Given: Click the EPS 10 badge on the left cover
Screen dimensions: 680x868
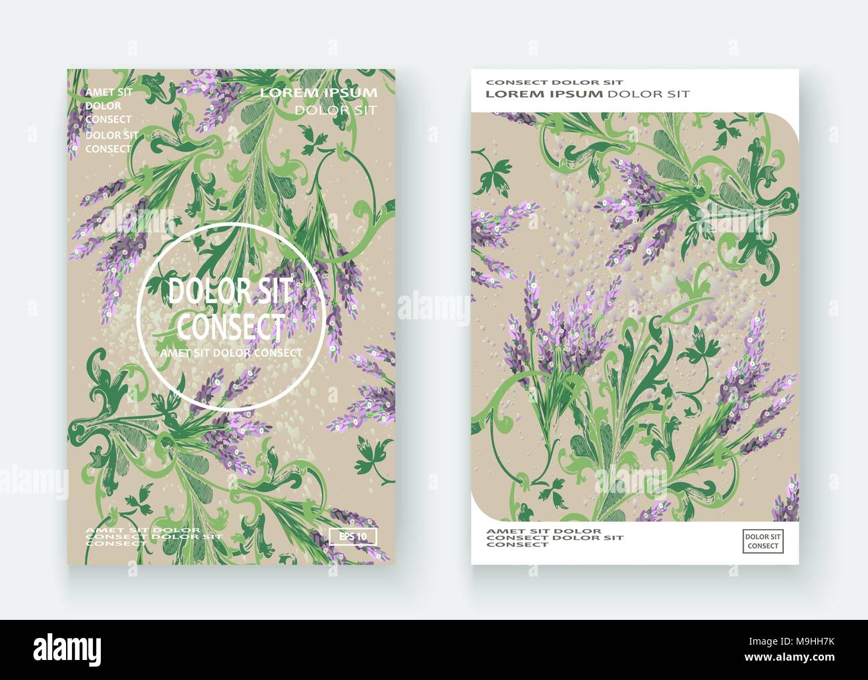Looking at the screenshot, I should coord(353,536).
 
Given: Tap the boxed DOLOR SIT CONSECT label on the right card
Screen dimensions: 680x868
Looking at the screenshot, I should coord(762,541).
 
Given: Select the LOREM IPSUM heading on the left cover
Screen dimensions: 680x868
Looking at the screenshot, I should coord(318,93).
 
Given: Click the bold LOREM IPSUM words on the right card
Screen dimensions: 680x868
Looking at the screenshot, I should coord(544,94).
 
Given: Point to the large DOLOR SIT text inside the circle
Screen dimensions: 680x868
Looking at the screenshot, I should coord(230,292).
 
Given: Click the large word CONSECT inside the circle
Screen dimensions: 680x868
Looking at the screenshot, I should coord(230,327).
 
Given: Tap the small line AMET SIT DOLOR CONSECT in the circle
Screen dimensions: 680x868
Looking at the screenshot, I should coord(231,353).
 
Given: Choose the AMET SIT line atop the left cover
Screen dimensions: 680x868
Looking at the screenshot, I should coord(109,92).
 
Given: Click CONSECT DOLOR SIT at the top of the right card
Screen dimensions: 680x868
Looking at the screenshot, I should coord(554,82).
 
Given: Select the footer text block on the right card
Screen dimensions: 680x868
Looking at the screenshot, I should coord(554,537).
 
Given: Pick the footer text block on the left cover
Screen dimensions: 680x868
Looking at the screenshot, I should coord(154,536).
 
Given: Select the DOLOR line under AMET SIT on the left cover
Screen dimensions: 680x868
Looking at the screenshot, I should coord(103,106).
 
